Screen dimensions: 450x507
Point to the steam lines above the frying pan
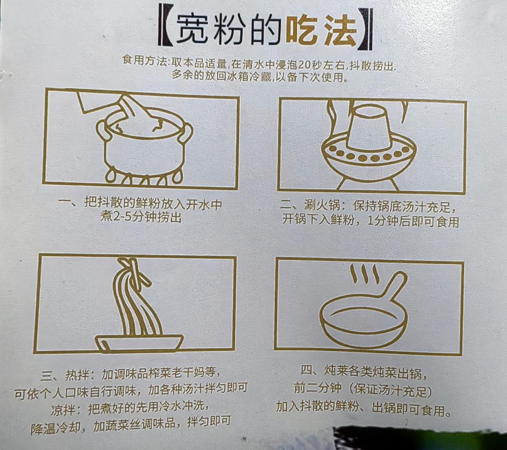[364, 274]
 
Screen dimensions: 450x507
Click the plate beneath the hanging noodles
[139, 342]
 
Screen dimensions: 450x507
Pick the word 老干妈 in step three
[188, 375]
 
